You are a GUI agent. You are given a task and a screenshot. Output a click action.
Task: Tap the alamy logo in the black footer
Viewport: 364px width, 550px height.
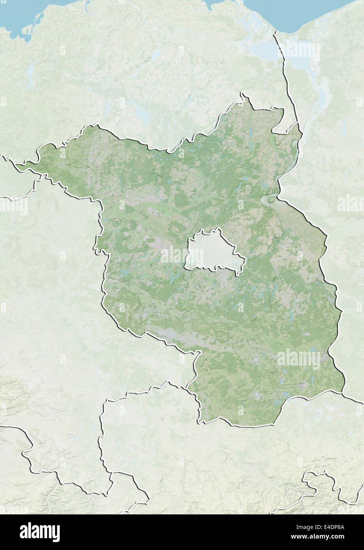(x=40, y=532)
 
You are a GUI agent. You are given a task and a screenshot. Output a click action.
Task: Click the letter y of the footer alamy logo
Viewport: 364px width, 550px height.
(x=56, y=533)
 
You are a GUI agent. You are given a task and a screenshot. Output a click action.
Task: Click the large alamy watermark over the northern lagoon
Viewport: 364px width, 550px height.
(x=300, y=49)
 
